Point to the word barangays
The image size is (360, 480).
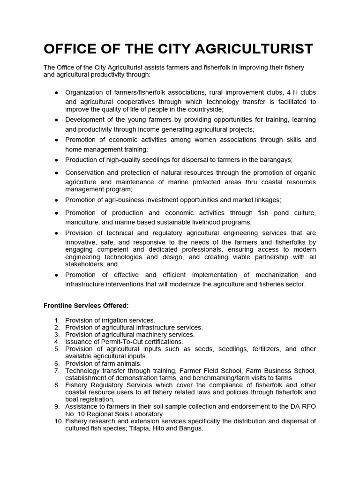pyautogui.click(x=277, y=160)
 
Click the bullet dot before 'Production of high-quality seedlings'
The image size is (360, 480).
pyautogui.click(x=56, y=160)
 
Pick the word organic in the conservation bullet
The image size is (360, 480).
pyautogui.click(x=302, y=172)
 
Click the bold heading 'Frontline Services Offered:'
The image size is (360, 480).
pyautogui.click(x=86, y=306)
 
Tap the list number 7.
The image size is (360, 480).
pyautogui.click(x=57, y=370)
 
